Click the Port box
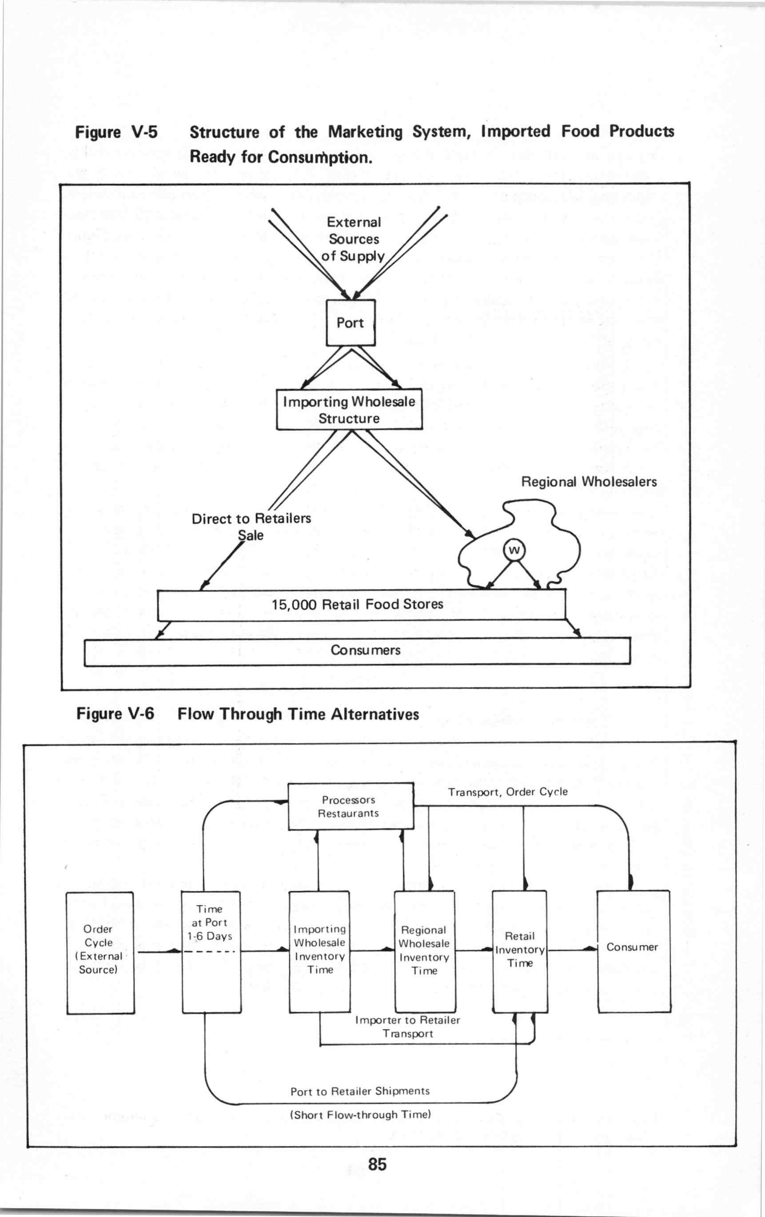tap(350, 323)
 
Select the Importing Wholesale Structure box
tap(349, 409)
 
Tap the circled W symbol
tap(514, 550)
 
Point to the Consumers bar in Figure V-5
tap(357, 651)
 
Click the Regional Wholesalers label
tap(589, 482)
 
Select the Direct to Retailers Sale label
tap(251, 527)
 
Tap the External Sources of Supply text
tap(353, 239)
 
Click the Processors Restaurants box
tap(351, 806)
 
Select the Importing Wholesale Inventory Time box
tap(319, 952)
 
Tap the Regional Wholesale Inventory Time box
tap(424, 952)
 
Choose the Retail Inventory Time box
tap(520, 952)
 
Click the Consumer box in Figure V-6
tap(634, 952)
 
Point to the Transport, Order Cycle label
tap(508, 792)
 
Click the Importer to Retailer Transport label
tap(408, 1026)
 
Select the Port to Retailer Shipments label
tap(360, 1091)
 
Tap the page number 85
tap(378, 1165)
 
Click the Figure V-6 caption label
tap(247, 714)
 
